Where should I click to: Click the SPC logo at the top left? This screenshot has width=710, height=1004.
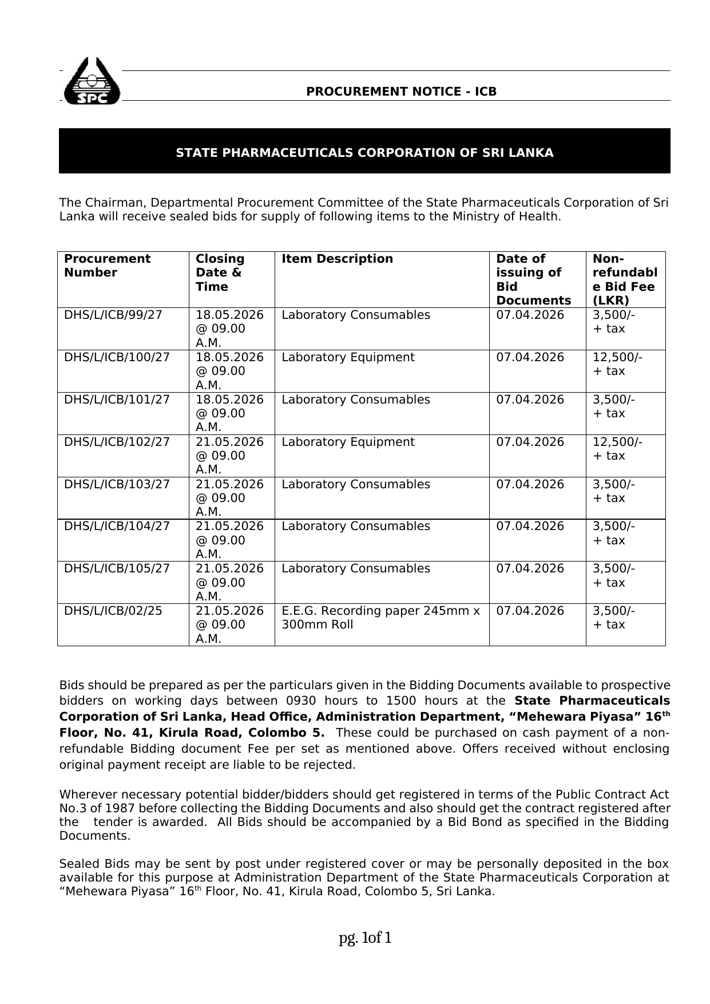pyautogui.click(x=92, y=82)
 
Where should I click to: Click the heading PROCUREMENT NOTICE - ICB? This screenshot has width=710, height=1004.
pyautogui.click(x=401, y=92)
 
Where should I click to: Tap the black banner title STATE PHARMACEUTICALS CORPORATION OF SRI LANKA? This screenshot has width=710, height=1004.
pyautogui.click(x=364, y=153)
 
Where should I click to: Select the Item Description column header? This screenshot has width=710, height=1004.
pyautogui.click(x=337, y=259)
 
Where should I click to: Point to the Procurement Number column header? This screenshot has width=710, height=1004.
pyautogui.click(x=107, y=266)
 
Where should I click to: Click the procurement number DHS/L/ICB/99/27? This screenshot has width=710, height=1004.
pyautogui.click(x=113, y=315)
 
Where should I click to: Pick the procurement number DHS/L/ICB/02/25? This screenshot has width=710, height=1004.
pyautogui.click(x=113, y=611)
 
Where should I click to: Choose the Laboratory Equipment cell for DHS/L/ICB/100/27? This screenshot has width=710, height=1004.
pyautogui.click(x=348, y=357)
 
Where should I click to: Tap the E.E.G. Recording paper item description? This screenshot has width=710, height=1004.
pyautogui.click(x=380, y=618)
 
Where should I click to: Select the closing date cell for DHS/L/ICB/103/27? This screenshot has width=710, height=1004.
pyautogui.click(x=229, y=497)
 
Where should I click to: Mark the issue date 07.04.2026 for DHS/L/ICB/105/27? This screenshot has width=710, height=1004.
pyautogui.click(x=530, y=568)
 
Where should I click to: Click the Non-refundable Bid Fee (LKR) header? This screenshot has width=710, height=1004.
pyautogui.click(x=625, y=279)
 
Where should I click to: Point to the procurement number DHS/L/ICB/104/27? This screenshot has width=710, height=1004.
pyautogui.click(x=117, y=526)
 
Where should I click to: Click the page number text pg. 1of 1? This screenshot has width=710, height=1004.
pyautogui.click(x=365, y=938)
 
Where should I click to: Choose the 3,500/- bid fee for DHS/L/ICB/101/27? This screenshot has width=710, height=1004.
pyautogui.click(x=613, y=400)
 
